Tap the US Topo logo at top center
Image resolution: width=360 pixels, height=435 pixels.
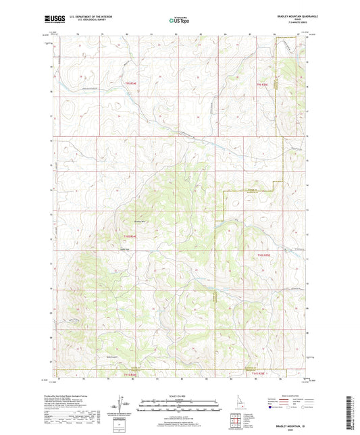[x=179, y=21]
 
